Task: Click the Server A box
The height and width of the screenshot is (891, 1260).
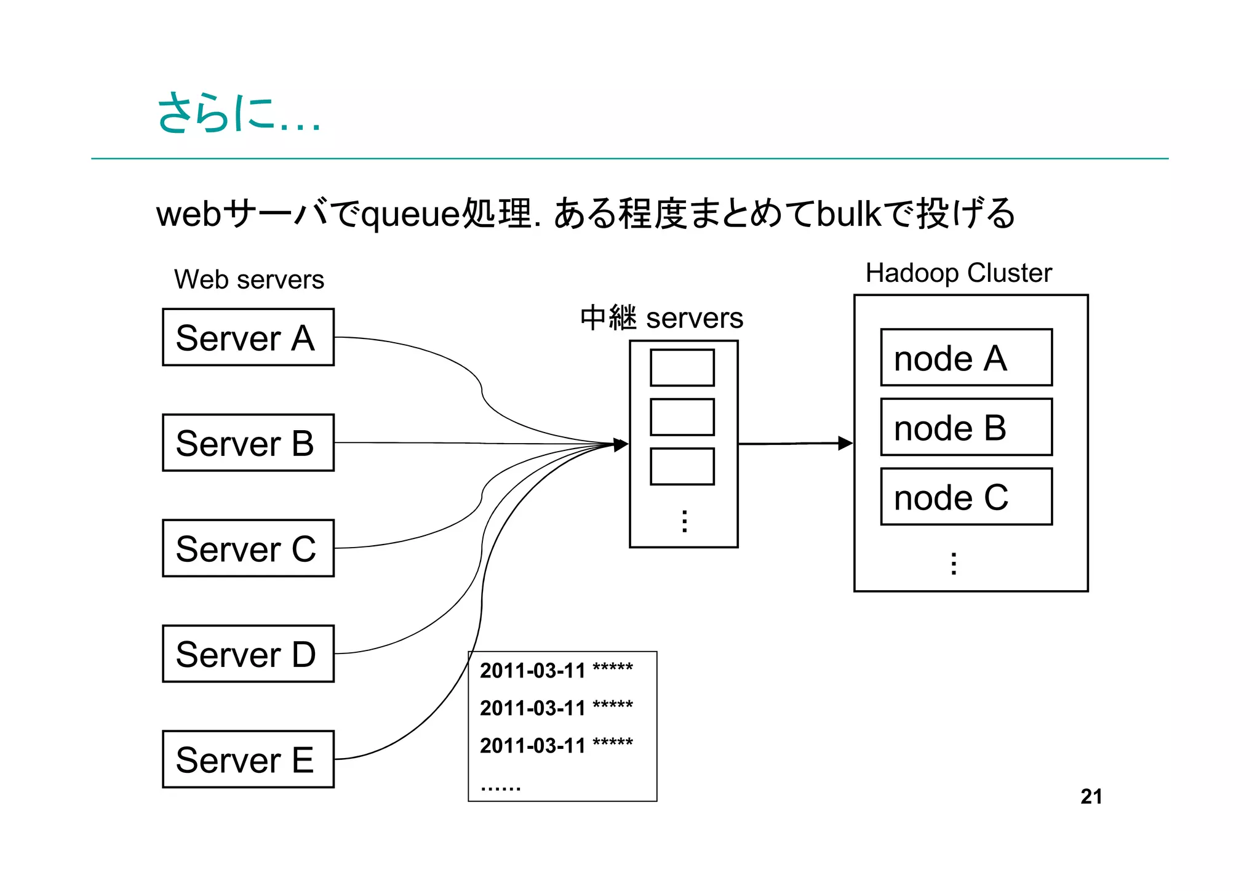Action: coord(248,337)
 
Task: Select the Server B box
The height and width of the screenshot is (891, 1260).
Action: coord(248,443)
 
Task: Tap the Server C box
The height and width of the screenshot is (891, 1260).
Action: coord(248,548)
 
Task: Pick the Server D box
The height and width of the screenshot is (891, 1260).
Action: coord(248,654)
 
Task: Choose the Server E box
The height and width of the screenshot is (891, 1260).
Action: coord(248,759)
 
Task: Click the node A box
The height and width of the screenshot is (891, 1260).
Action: coord(966,358)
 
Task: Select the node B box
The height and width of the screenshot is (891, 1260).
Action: coord(966,427)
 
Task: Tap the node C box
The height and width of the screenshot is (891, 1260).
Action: coord(966,497)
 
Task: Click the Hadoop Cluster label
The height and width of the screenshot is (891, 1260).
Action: coord(959,273)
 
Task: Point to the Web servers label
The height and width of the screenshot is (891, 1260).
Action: coord(249,280)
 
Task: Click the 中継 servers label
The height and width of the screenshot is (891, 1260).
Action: coord(661,318)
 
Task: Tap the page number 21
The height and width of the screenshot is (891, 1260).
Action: coord(1091,796)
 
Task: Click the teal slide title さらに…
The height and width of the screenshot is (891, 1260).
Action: coord(239,113)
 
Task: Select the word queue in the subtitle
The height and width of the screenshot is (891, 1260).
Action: coord(410,215)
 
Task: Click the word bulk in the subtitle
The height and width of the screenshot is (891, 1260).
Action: coord(850,214)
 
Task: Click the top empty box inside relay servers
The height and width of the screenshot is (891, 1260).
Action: coord(682,368)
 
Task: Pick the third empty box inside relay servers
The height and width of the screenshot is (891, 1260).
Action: coord(682,466)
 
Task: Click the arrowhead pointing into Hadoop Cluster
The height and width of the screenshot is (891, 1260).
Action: coord(845,443)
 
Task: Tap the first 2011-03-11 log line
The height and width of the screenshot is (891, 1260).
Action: coord(556,670)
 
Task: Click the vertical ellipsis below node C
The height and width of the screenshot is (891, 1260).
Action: coord(954,564)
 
